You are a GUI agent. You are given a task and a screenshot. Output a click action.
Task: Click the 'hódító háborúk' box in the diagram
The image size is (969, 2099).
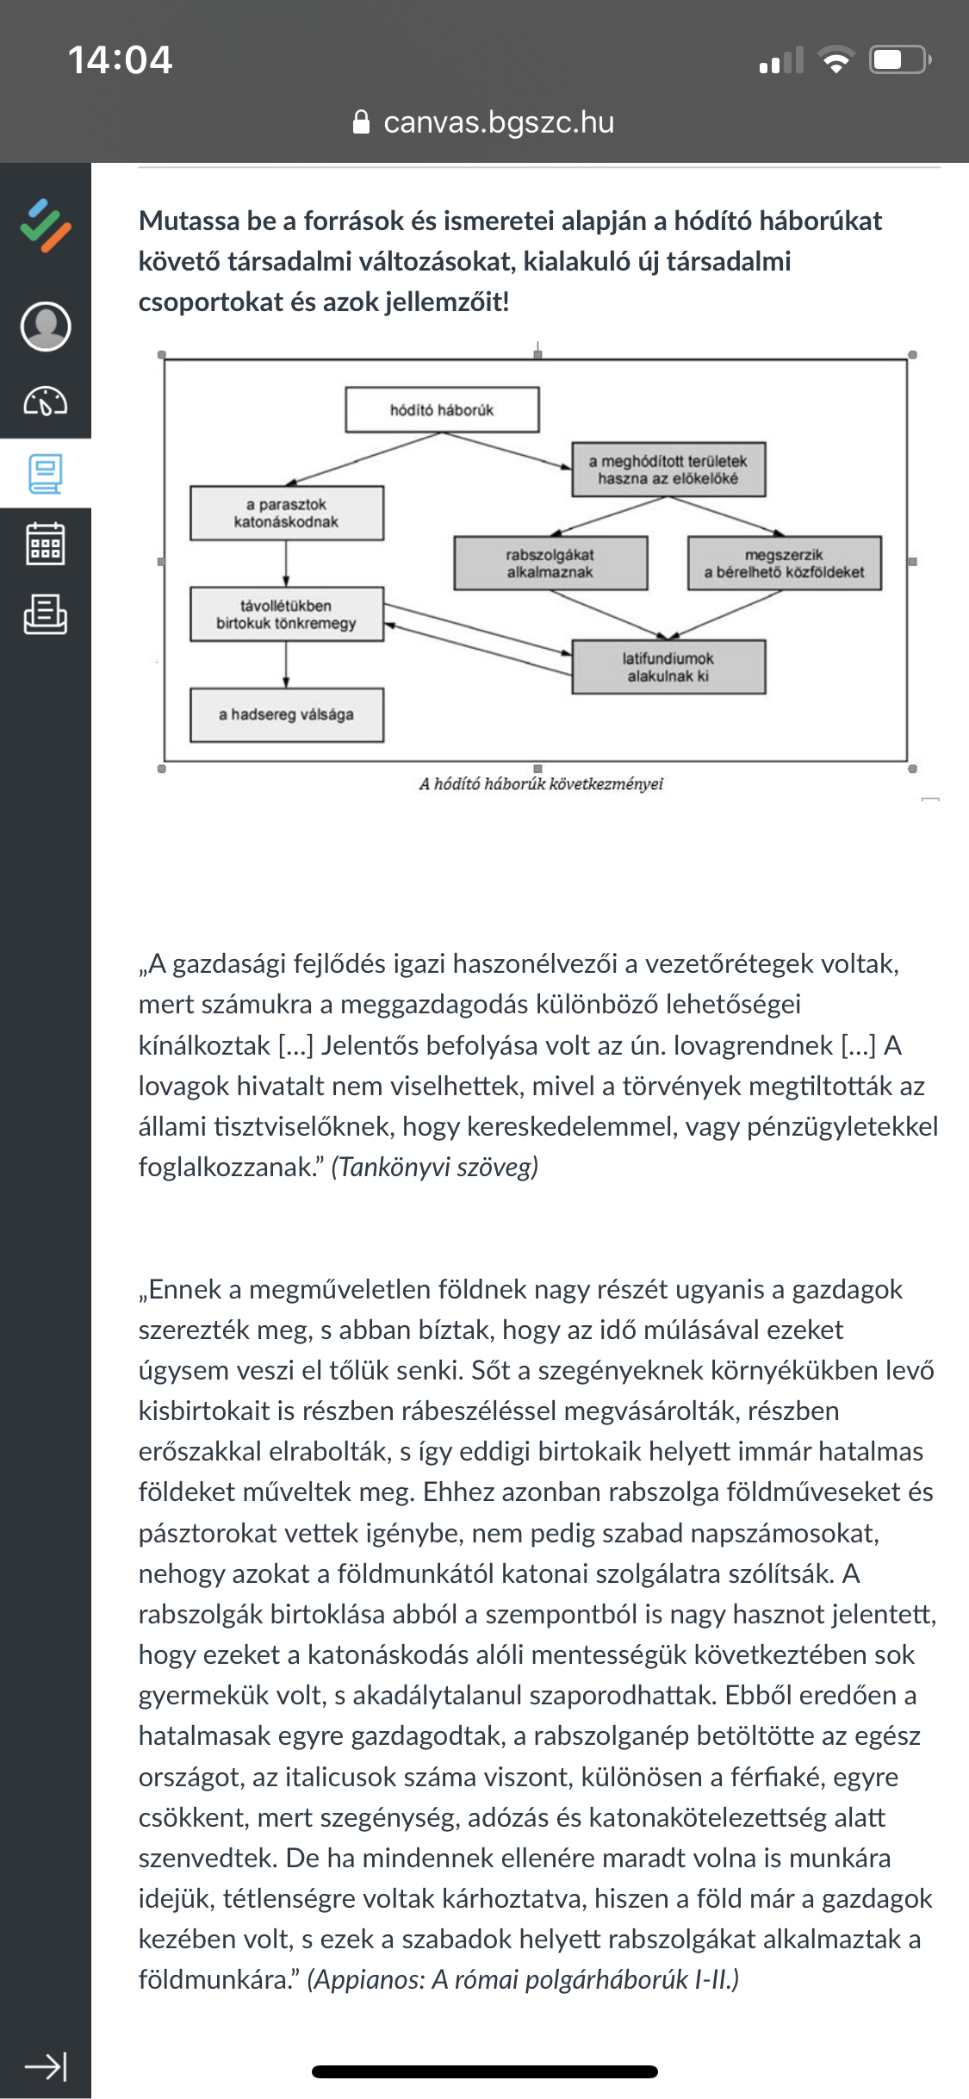coord(442,410)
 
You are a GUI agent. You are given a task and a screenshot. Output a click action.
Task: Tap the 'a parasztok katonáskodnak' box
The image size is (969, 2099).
coord(287,514)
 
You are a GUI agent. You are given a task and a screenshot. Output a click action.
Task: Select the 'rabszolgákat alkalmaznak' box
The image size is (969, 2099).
coord(550,564)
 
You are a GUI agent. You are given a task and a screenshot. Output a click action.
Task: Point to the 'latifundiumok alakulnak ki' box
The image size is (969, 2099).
coord(668,667)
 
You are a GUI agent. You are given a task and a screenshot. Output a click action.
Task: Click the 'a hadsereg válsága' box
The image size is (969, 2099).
coord(287,714)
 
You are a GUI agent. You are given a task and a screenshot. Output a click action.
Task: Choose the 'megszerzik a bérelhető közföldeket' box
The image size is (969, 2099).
coord(784,564)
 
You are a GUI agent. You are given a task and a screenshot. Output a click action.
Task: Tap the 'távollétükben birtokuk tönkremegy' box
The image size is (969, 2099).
coord(287,614)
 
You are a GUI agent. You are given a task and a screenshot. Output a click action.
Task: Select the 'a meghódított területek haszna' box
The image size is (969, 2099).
coord(668,470)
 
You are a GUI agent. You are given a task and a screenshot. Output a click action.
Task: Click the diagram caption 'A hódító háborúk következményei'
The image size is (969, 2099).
coord(541,784)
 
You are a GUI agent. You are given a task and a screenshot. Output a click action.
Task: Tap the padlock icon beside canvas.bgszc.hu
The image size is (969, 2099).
coord(362,122)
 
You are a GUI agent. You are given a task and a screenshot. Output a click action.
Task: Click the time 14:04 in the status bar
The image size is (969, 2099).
coord(120,60)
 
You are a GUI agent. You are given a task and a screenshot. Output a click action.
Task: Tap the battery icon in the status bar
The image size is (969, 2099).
coord(899,60)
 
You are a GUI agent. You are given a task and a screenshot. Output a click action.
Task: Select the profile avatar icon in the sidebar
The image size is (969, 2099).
coord(46,326)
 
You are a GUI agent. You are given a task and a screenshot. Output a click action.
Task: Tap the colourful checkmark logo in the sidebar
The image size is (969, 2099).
coord(46,226)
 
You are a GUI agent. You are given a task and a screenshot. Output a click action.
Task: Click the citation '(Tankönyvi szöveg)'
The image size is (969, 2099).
coord(435,1167)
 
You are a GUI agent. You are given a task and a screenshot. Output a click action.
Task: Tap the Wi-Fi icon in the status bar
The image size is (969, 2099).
coord(835,60)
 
